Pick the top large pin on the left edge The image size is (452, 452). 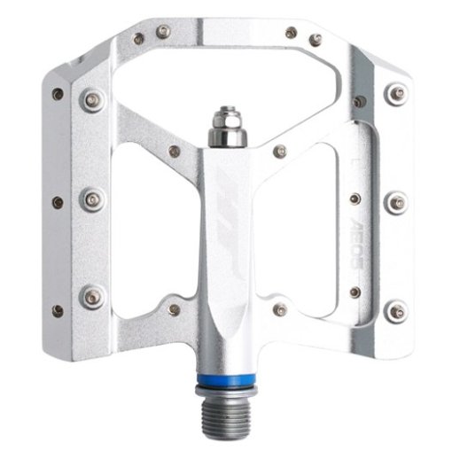click(92, 100)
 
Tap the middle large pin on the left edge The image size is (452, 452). click(92, 199)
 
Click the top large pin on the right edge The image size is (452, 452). click(396, 91)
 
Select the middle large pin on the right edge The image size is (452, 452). click(396, 201)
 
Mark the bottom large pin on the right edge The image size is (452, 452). click(396, 311)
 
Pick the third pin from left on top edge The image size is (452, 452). click(291, 33)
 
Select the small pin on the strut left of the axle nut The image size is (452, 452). click(175, 151)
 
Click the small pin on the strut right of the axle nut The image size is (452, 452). click(280, 151)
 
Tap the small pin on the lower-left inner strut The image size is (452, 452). click(175, 309)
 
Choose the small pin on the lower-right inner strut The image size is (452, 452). click(280, 309)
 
